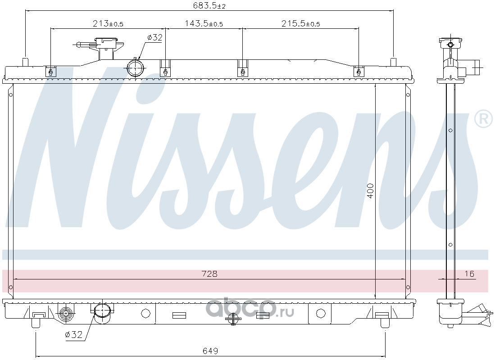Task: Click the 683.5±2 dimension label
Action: coord(209,5)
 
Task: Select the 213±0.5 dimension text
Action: coord(108,23)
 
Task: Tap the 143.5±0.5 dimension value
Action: coord(204,23)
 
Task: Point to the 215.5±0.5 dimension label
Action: coord(300,23)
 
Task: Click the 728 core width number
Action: coord(209,274)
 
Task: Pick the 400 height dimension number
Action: coord(371,191)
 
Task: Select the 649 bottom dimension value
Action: coord(210,351)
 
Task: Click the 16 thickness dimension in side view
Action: coord(469,274)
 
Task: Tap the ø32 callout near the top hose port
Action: coord(154,37)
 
